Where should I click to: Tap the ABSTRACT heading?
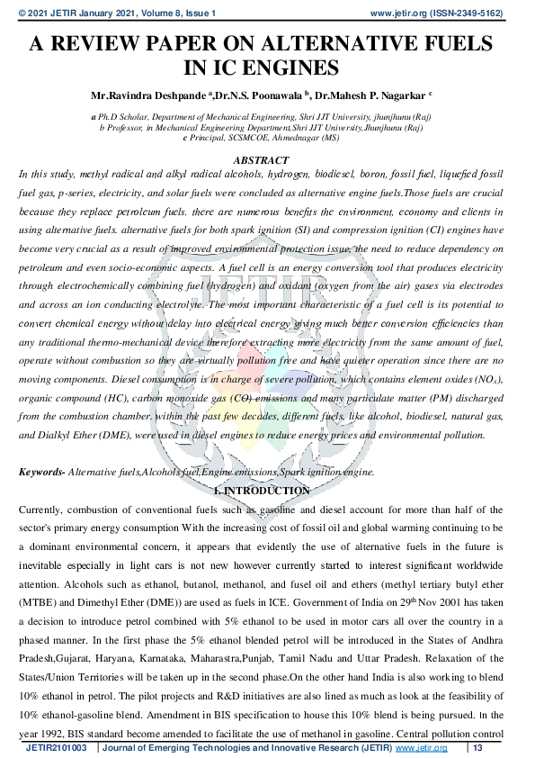[x=261, y=159]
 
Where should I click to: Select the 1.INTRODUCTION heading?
[x=262, y=491]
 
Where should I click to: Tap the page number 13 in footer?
[x=477, y=748]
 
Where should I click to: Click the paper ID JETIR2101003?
[x=56, y=748]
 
